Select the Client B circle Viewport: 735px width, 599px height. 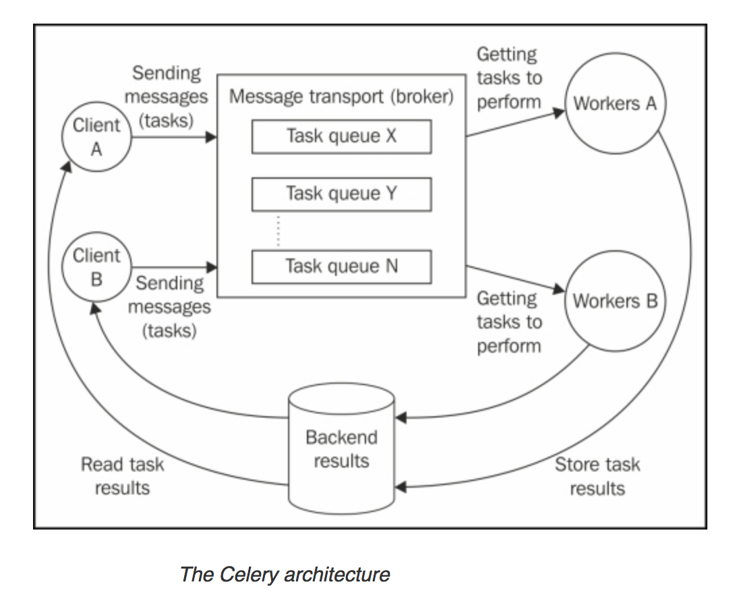pos(96,267)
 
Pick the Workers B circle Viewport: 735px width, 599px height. pos(614,301)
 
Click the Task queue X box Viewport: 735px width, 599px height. pos(341,136)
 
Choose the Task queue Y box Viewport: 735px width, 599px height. pos(341,194)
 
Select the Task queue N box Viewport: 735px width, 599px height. pos(341,266)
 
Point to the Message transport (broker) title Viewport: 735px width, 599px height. pos(341,96)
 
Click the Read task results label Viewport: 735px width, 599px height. pos(122,476)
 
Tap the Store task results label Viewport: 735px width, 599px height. pos(597,476)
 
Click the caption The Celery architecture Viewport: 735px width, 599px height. pos(285,574)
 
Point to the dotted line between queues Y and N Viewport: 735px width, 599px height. pos(278,231)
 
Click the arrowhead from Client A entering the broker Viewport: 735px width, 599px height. pos(212,137)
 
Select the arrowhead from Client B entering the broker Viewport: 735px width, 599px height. pos(212,267)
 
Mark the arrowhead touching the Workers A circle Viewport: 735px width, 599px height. pos(558,112)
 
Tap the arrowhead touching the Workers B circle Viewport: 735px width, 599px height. pos(558,290)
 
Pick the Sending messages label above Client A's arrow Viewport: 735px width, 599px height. pos(166,97)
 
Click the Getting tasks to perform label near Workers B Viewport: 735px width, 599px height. pos(509,322)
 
